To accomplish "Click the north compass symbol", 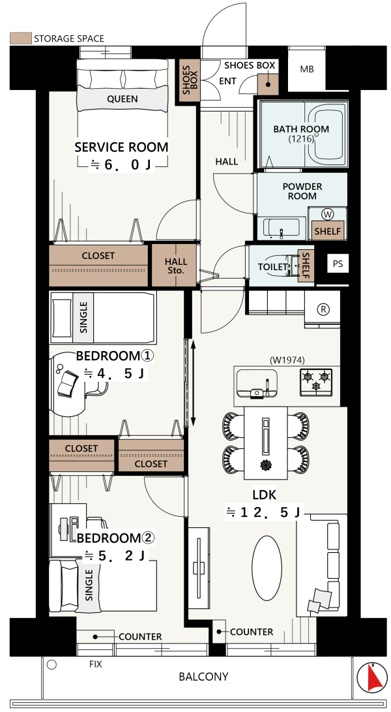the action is coord(372,677).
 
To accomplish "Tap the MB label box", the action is coord(307,70).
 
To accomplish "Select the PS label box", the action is coord(338,264).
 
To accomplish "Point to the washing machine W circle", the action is coord(326,213).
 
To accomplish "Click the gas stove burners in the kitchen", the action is coord(315,380).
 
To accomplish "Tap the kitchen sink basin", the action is coord(257,383).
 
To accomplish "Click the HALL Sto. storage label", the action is coord(176,266).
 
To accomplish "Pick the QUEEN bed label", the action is coord(123,99).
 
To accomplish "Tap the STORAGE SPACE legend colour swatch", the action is coord(21,38).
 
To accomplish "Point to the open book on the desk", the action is coord(68,383).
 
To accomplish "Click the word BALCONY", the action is coord(204,677).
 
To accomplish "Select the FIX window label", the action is coord(95,664).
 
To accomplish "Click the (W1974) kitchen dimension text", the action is coord(287,360).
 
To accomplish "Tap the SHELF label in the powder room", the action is coord(328,230).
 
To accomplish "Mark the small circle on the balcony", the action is coord(51,665).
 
